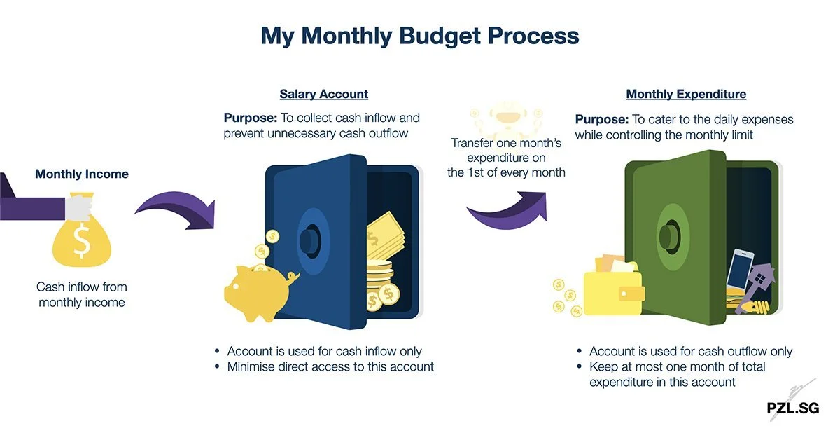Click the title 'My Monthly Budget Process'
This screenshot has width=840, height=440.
419,36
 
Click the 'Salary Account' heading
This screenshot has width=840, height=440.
323,94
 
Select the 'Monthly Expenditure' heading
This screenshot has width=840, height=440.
685,94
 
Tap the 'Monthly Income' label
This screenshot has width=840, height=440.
82,174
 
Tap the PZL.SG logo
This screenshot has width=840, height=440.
792,408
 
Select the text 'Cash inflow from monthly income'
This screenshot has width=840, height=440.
82,295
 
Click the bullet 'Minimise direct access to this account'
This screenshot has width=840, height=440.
330,366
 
